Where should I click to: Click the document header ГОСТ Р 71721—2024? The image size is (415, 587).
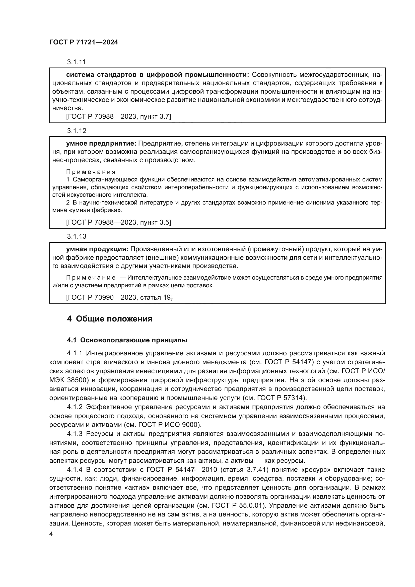pyautogui.click(x=84, y=42)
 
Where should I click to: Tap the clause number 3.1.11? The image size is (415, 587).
pyautogui.click(x=76, y=62)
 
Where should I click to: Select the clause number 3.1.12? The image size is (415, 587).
pyautogui.click(x=77, y=131)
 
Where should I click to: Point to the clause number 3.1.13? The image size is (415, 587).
pyautogui.click(x=77, y=236)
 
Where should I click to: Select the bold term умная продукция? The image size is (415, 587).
pyautogui.click(x=97, y=249)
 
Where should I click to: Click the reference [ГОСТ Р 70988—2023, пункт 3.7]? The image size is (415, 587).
pyautogui.click(x=118, y=117)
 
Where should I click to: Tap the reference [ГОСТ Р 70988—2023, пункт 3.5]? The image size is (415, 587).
pyautogui.click(x=118, y=222)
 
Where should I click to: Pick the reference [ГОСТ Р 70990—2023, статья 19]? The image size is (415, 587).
pyautogui.click(x=119, y=297)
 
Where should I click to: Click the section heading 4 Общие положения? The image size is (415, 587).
pyautogui.click(x=109, y=319)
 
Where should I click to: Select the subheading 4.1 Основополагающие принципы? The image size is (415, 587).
pyautogui.click(x=127, y=340)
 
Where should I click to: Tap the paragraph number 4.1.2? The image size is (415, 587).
pyautogui.click(x=75, y=407)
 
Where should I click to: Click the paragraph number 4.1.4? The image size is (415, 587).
pyautogui.click(x=75, y=470)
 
